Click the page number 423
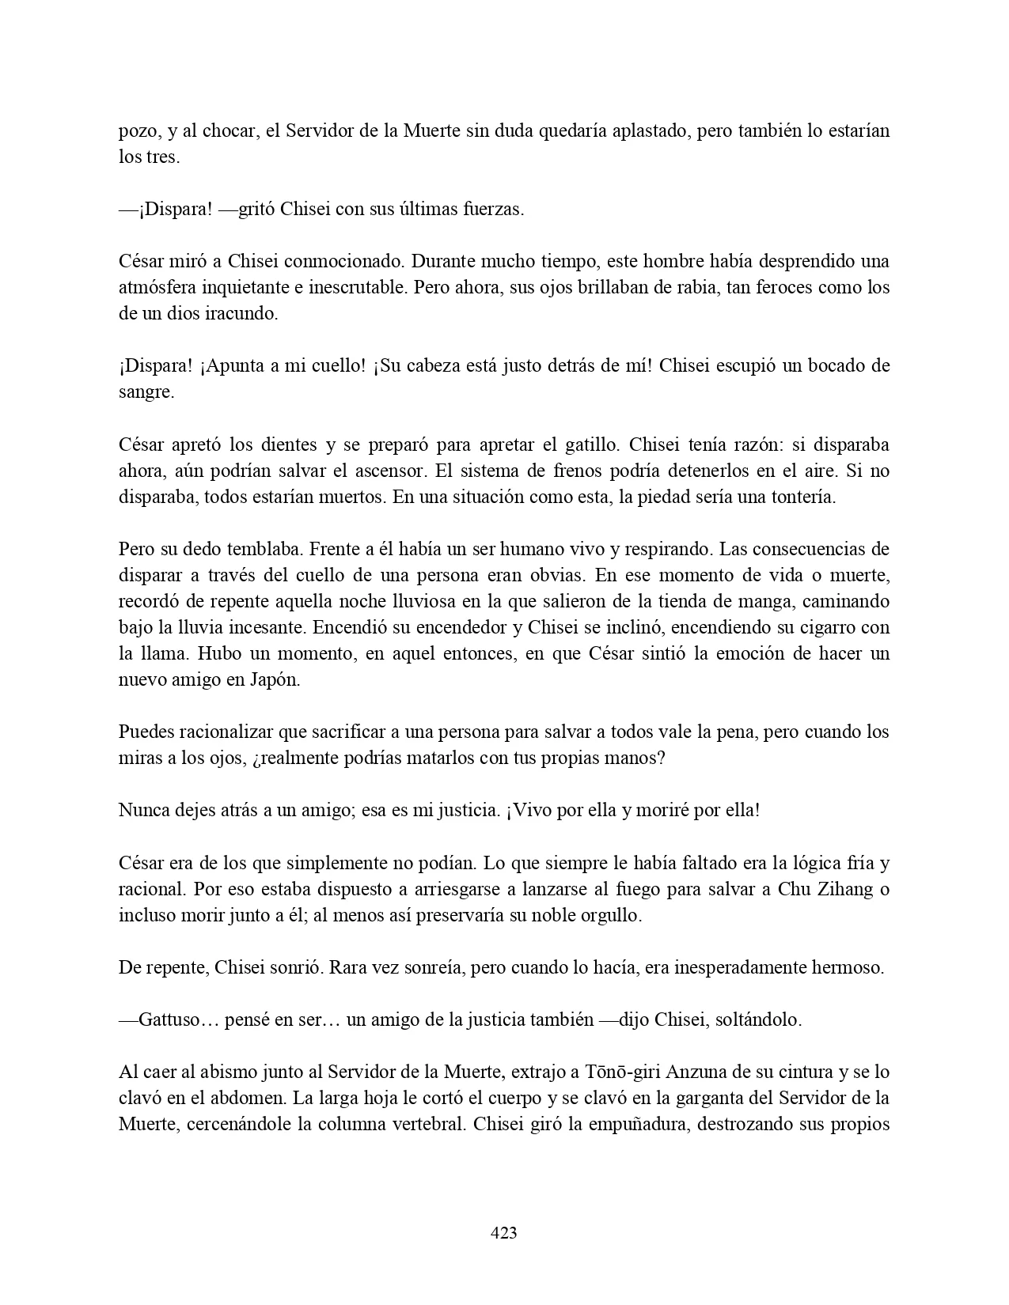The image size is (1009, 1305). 504,1232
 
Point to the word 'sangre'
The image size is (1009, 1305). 146,392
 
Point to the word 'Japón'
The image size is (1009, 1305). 275,679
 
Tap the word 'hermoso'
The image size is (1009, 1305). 848,967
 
